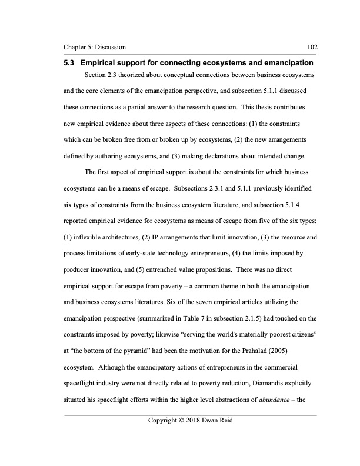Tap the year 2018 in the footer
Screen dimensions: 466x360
(x=189, y=422)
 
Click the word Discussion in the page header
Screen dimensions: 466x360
(x=108, y=47)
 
